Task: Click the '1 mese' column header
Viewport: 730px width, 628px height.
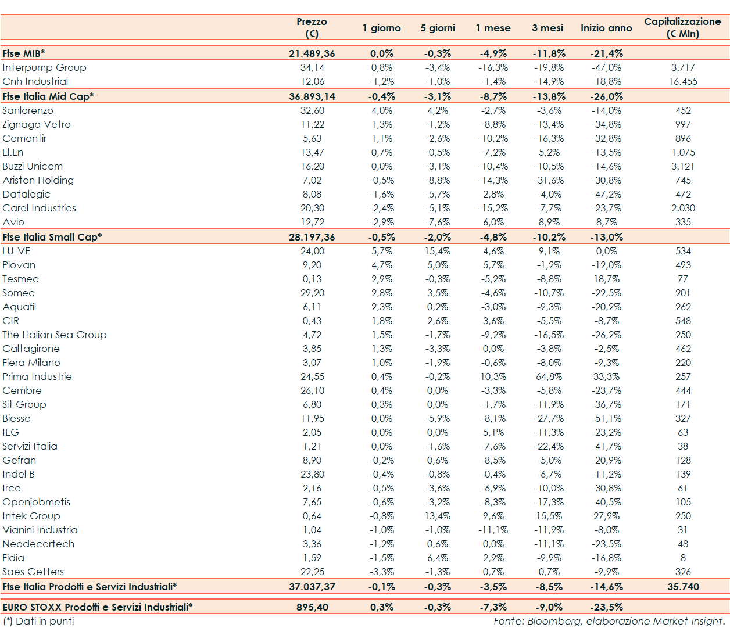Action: pos(493,28)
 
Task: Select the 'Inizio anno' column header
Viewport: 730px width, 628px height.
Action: pos(606,28)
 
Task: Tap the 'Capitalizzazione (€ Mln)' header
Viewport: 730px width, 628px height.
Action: pos(682,27)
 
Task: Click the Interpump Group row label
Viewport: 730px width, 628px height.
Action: pos(44,67)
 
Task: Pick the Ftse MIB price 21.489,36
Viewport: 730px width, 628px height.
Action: pos(312,53)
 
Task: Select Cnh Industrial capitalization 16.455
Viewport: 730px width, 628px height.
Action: pos(683,81)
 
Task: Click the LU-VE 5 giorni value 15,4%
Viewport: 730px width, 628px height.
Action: pos(437,251)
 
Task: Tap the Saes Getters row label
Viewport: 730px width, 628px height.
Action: pos(33,572)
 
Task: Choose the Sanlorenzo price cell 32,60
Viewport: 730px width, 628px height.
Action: pos(312,110)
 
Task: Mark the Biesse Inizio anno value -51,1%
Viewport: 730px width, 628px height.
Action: pos(606,418)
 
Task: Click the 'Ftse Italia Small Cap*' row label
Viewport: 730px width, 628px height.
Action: pos(52,237)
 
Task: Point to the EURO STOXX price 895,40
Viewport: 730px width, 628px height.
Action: pos(312,607)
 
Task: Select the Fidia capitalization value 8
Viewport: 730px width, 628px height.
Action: pos(683,558)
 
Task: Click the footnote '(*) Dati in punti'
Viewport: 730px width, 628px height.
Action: pos(38,621)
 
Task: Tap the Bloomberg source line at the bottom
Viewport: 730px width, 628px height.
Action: pos(609,621)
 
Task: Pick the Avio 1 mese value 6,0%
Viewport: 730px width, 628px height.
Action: pos(493,222)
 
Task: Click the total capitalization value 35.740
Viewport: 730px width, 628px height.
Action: pos(683,587)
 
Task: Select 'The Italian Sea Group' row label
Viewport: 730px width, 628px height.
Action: pos(55,335)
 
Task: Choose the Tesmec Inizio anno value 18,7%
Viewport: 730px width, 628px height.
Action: pos(606,279)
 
